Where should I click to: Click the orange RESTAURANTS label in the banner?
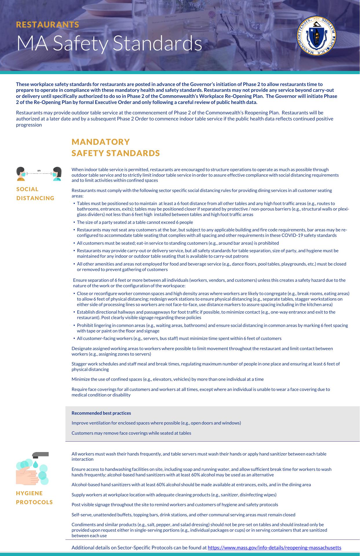pos(47,25)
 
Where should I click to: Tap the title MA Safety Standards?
pos(109,43)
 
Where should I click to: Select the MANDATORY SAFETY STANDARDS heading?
pos(116,147)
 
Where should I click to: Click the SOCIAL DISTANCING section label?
pos(35,193)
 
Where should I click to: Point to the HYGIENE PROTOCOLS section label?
pos(34,498)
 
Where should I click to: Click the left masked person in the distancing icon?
pos(21,174)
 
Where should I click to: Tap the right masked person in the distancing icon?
pos(57,174)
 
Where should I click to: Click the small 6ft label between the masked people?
pos(39,171)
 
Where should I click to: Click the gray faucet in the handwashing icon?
pos(40,455)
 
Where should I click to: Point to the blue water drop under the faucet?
pos(35,464)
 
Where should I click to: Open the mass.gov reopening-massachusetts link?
pos(274,548)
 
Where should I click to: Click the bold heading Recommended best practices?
pos(101,413)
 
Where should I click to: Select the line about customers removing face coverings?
pos(131,433)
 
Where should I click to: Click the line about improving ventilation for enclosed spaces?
pos(156,423)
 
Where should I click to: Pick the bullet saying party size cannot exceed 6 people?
pos(135,222)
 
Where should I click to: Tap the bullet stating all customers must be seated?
pos(178,243)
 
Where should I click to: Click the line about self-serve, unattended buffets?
pos(183,515)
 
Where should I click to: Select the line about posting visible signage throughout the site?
pos(175,504)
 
